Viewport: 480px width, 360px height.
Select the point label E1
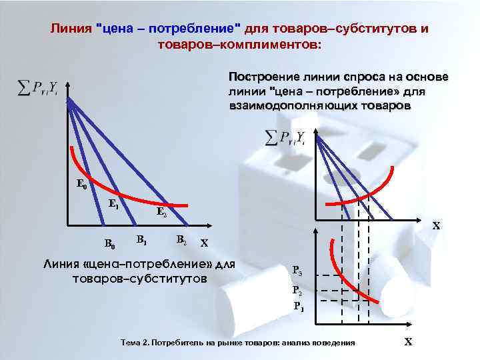coord(114,204)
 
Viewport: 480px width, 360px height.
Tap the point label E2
coord(161,213)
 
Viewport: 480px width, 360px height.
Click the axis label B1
coord(141,238)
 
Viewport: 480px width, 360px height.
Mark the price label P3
coord(297,271)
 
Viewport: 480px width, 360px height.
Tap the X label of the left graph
coord(204,243)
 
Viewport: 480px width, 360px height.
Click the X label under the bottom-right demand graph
coord(409,342)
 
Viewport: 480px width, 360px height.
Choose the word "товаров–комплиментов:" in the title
coord(239,45)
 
